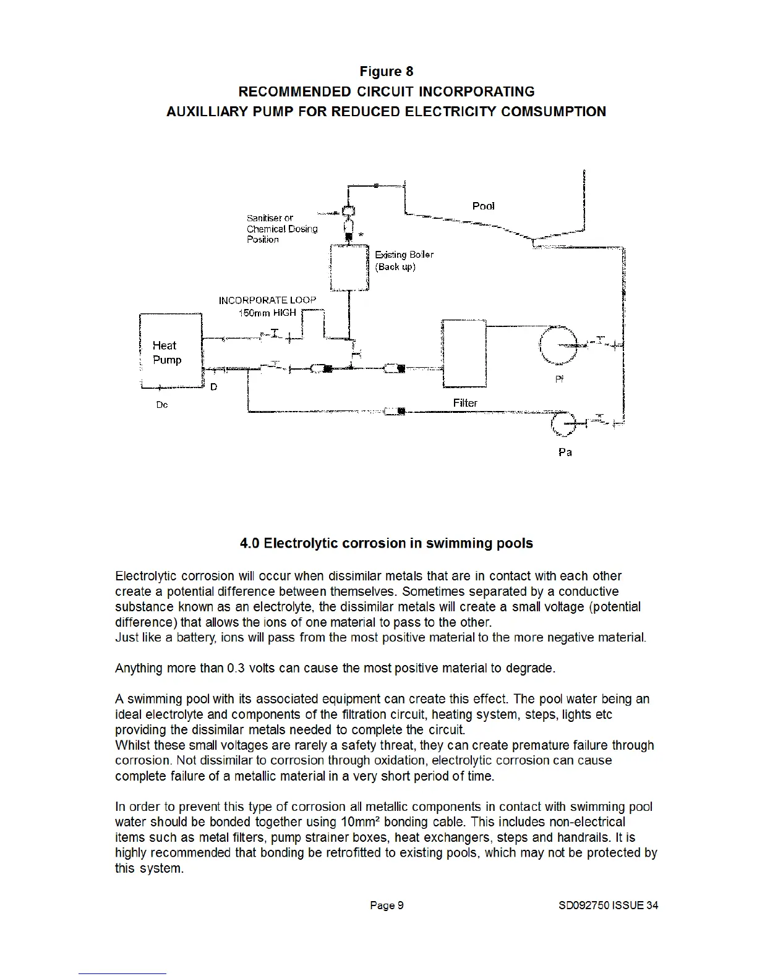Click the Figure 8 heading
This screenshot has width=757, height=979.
386,72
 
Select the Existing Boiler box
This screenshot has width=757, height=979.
349,267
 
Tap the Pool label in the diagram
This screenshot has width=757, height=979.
483,206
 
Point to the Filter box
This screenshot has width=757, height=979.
464,354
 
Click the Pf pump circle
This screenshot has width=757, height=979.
558,345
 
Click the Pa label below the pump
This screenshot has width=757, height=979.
565,452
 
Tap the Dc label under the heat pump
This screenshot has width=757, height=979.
162,405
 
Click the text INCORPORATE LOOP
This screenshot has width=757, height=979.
267,300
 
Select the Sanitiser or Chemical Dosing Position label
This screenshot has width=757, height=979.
281,229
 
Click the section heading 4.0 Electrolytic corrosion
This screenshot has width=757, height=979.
386,543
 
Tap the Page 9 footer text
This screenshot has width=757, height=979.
387,905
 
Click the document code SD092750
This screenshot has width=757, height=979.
583,905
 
